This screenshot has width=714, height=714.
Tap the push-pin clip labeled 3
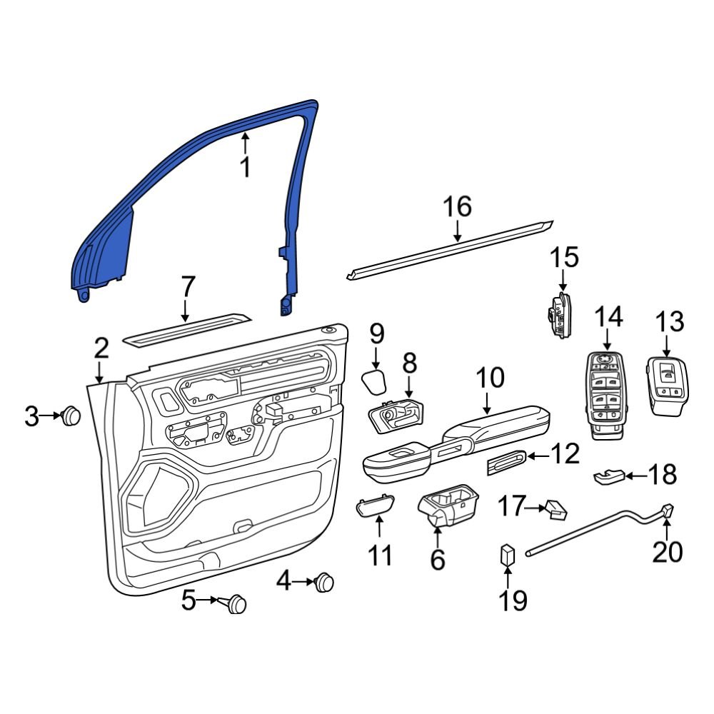[x=71, y=416]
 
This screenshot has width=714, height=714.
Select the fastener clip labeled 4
[x=325, y=582]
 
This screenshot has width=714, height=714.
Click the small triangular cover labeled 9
[x=374, y=381]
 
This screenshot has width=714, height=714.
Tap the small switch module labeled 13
[x=667, y=386]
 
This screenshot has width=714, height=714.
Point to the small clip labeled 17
[x=556, y=508]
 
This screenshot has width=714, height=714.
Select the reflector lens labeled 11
[x=375, y=506]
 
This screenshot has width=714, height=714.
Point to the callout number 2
[x=101, y=348]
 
